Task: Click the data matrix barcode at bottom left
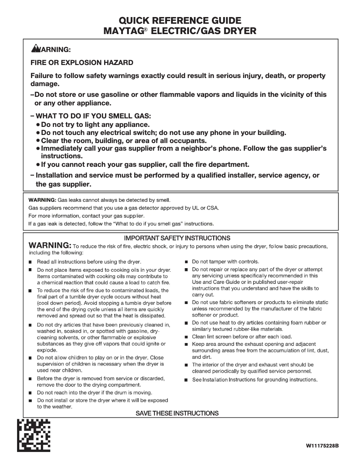[x=34, y=435]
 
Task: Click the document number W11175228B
[x=322, y=446]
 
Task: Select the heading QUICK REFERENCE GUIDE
[x=180, y=21]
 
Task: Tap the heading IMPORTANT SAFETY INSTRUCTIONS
[x=177, y=238]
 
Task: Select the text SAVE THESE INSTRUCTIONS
[x=177, y=413]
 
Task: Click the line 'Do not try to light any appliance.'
[x=95, y=125]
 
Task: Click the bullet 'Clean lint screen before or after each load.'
[x=242, y=336]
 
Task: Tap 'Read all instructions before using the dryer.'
[x=89, y=262]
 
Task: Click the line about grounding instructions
[x=255, y=380]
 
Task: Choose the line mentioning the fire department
[x=145, y=165]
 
